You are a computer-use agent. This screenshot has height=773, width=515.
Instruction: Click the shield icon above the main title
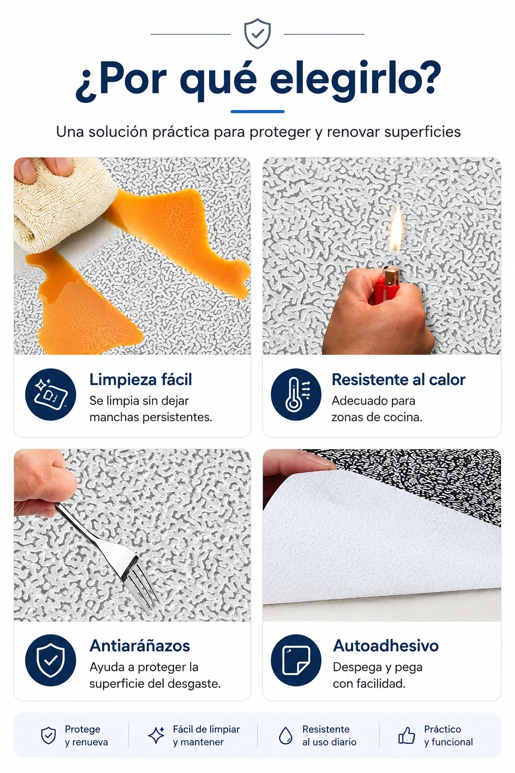tap(257, 34)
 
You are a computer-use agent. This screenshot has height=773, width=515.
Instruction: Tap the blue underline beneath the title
tap(257, 111)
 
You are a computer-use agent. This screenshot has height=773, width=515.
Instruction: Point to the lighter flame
tap(396, 230)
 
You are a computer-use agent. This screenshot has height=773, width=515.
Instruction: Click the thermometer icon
tap(296, 395)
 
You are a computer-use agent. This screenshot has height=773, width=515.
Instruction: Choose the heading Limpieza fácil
tap(141, 379)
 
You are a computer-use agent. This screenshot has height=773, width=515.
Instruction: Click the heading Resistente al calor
tap(398, 379)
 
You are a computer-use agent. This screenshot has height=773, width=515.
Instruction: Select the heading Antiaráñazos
tap(140, 646)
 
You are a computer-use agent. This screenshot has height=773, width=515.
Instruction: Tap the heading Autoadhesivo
tap(386, 646)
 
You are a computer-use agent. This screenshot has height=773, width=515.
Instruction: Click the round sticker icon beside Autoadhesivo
tap(296, 660)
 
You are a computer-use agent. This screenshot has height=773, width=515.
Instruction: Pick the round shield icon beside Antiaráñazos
tap(51, 660)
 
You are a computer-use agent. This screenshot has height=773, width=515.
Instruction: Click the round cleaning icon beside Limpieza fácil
tap(51, 395)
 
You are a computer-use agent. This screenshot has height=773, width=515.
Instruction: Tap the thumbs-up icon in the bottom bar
tap(407, 736)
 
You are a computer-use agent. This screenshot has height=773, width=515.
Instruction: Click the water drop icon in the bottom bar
tap(285, 736)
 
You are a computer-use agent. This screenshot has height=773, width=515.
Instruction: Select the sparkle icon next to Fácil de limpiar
tap(156, 735)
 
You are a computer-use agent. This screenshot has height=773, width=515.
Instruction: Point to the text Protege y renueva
tap(86, 735)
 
